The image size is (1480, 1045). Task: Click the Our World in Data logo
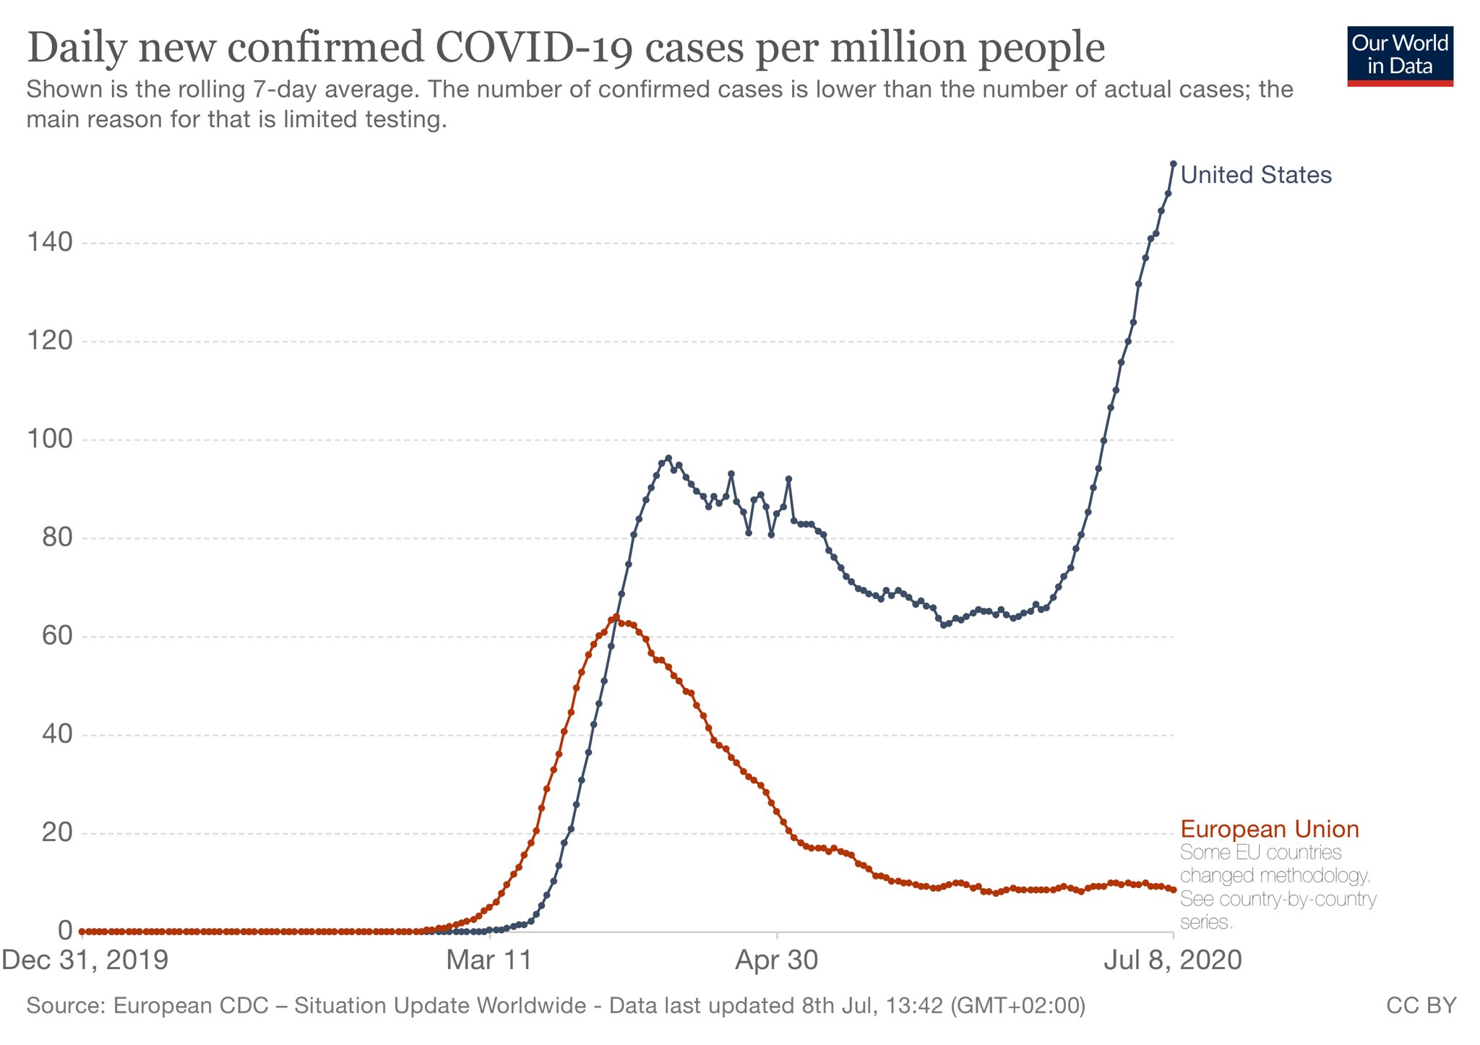point(1400,56)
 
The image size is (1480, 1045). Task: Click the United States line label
point(1256,175)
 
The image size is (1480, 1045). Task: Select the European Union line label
point(1270,829)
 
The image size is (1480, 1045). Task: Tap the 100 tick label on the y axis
point(50,439)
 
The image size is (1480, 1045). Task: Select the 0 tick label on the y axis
point(64,931)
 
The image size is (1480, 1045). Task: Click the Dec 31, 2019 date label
point(85,960)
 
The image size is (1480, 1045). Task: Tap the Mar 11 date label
point(489,960)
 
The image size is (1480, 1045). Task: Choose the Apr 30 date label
point(777,960)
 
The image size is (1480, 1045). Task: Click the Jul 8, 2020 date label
point(1172,960)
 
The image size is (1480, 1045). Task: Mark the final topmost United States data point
point(1174,163)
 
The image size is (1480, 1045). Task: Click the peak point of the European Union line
point(616,617)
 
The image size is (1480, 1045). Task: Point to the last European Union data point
point(1174,890)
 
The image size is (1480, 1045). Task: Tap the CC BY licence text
point(1421,1005)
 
